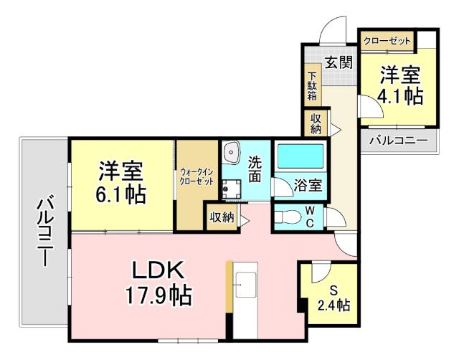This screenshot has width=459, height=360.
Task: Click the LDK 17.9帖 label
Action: pyautogui.click(x=158, y=283)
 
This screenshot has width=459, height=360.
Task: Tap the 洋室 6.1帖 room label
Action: pyautogui.click(x=122, y=183)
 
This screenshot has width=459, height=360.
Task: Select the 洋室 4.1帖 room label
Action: pyautogui.click(x=399, y=85)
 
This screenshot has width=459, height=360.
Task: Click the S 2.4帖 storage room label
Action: pyautogui.click(x=333, y=298)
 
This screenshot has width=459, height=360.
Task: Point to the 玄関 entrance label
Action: pyautogui.click(x=339, y=62)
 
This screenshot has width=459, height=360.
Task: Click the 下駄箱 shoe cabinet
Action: pyautogui.click(x=313, y=86)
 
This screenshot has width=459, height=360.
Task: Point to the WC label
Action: pyautogui.click(x=310, y=216)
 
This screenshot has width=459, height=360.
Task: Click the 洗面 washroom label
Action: pyautogui.click(x=255, y=169)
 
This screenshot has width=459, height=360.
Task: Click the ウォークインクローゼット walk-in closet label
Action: pyautogui.click(x=197, y=176)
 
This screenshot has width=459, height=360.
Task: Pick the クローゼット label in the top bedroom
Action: pyautogui.click(x=387, y=42)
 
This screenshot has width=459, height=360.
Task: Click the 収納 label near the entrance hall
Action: pyautogui.click(x=316, y=123)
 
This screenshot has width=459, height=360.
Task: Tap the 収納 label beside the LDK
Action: pyautogui.click(x=221, y=217)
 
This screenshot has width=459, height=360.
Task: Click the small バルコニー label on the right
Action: pyautogui.click(x=398, y=141)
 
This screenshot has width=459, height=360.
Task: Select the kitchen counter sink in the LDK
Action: pyautogui.click(x=243, y=287)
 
